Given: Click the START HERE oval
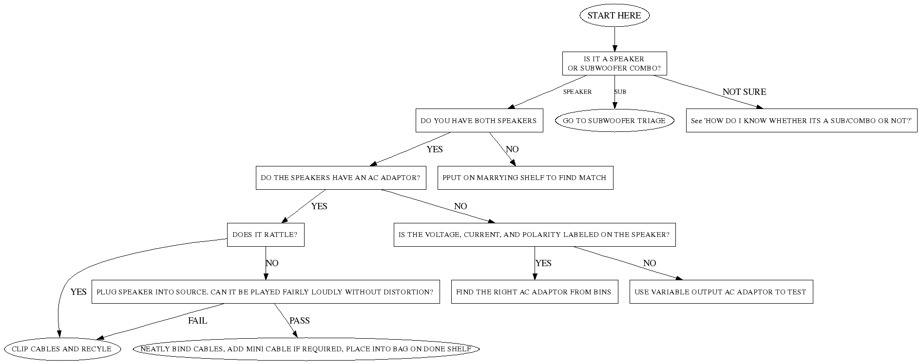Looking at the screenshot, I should pos(614,16).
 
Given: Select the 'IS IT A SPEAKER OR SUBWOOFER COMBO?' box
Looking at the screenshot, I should pos(614,64).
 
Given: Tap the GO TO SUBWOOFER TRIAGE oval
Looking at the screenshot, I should pos(614,121).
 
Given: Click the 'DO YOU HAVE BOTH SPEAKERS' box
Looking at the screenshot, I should pos(479,121).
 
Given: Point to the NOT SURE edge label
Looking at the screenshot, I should pos(744,92).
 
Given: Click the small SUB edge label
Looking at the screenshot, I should pos(620,92).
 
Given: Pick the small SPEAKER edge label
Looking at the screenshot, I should pos(577,92).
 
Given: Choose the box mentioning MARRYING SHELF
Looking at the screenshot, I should pos(525,178).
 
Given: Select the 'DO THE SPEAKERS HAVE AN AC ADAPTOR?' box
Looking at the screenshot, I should pos(341,178).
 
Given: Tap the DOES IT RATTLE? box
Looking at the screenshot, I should pos(265,235).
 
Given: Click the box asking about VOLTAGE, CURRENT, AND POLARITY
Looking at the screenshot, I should pos(534,235).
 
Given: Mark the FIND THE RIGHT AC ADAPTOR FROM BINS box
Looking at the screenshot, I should pos(534,292).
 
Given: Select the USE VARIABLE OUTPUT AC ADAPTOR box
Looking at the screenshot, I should pos(721,292).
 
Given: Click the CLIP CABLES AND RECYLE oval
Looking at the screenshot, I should pos(61,349).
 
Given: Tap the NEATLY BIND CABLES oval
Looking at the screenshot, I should pos(306,349).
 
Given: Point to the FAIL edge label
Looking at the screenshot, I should pos(197,321).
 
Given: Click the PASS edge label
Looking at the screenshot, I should pos(299,321).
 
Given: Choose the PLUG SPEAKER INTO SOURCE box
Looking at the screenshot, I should pos(265,292).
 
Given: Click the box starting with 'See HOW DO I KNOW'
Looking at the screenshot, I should pos(801,121).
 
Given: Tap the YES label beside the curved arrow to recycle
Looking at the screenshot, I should pos(78,292).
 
